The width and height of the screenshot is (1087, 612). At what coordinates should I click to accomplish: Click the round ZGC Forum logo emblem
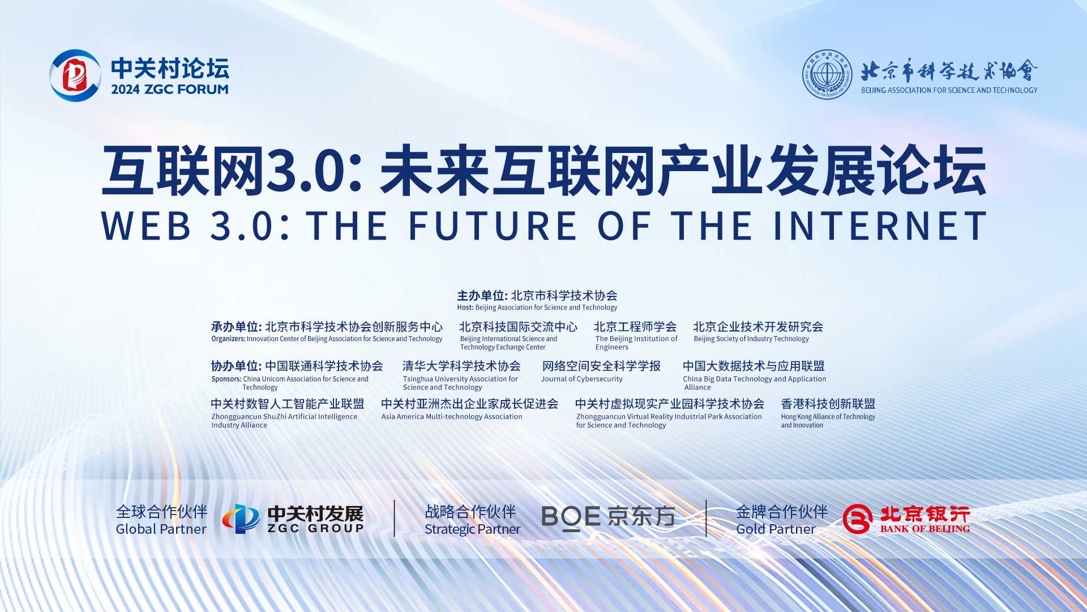75,75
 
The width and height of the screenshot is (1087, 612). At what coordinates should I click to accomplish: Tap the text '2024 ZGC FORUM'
170,89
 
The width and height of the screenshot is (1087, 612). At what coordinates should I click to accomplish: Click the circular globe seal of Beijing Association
827,74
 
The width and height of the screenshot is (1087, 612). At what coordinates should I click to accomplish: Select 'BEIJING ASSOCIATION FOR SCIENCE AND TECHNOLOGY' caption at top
949,90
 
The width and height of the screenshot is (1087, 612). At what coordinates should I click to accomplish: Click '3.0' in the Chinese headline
306,171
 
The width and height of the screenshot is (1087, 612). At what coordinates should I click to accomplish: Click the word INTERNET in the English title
880,226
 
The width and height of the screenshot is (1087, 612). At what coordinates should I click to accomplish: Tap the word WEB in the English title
146,226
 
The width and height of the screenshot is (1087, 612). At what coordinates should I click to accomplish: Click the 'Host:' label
465,308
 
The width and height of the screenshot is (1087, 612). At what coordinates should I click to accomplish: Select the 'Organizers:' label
228,339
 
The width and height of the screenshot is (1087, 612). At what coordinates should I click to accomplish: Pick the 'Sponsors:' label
226,379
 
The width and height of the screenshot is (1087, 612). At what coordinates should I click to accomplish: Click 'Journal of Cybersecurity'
581,379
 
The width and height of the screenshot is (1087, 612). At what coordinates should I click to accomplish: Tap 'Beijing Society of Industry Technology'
751,339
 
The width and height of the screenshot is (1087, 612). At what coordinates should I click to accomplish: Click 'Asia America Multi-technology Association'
452,416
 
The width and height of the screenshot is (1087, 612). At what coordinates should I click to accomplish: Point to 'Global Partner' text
161,529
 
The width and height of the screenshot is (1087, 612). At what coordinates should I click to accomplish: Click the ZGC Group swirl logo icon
241,518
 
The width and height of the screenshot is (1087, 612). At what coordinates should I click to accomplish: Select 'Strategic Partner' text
472,529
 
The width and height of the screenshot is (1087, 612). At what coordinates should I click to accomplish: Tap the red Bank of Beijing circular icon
857,518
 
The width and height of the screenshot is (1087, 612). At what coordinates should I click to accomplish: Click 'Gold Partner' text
776,529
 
